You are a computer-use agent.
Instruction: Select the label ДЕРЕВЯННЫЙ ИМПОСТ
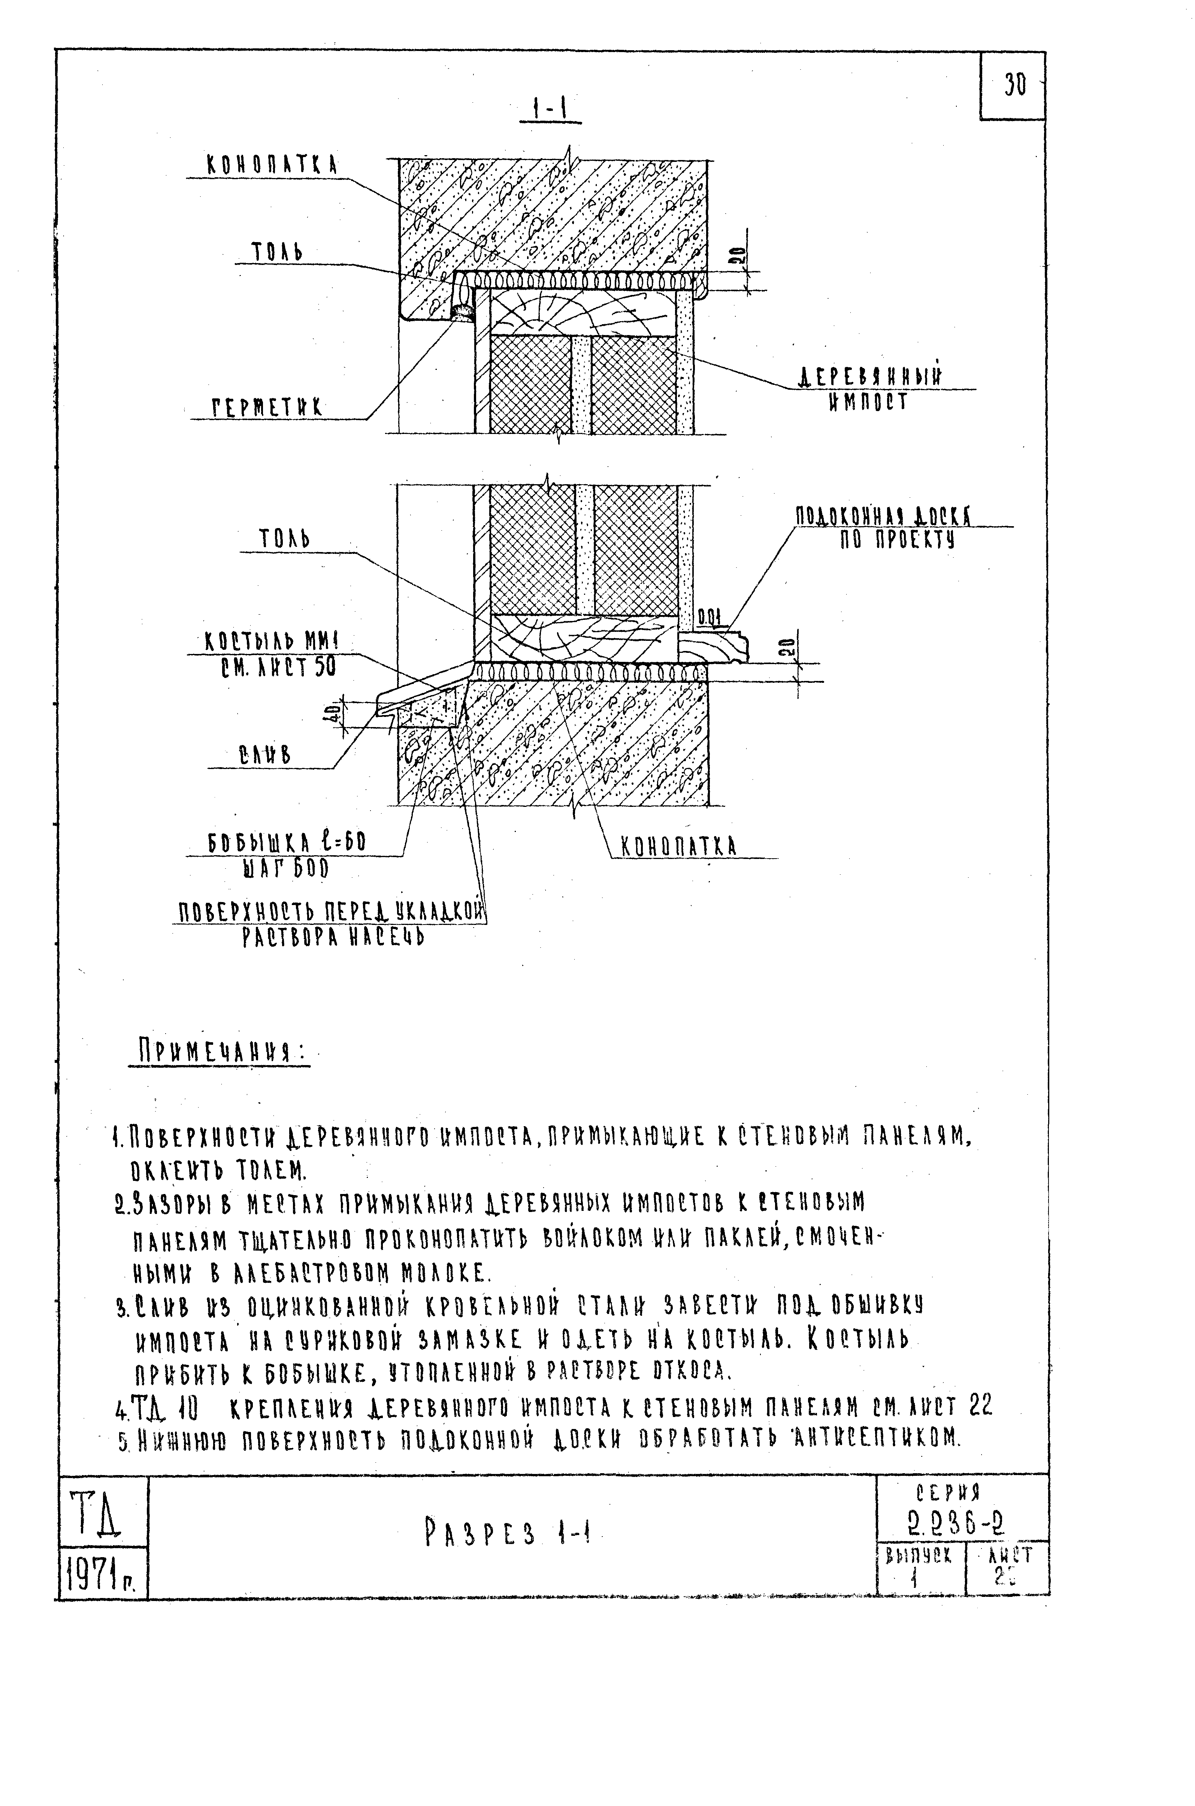869,389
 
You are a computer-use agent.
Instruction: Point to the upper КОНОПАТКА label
272,165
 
